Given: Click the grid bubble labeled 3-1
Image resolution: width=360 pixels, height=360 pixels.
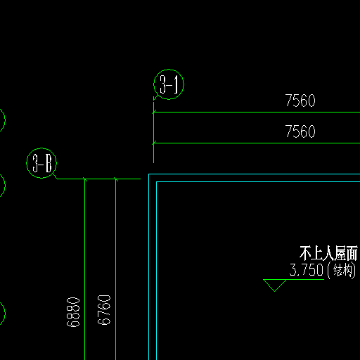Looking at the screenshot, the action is click(x=169, y=70).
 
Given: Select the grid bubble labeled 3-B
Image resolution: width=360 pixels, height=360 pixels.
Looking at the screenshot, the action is click(x=41, y=148).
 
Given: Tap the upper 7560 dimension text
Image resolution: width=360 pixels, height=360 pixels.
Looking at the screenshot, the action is click(x=300, y=101).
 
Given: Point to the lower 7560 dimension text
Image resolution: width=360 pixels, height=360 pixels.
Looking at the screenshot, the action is click(x=300, y=131).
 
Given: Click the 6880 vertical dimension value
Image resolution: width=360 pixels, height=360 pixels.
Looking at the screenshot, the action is click(x=73, y=312).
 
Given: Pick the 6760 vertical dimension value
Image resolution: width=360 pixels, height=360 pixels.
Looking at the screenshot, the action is click(x=104, y=310).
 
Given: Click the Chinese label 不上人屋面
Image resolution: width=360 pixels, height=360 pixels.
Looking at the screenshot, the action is click(x=328, y=253).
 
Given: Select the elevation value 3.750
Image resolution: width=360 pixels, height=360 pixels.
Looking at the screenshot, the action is click(x=307, y=270).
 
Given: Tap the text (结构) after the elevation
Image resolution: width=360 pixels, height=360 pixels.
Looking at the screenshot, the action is click(x=342, y=271).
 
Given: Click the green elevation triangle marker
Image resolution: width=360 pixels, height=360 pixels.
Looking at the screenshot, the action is click(x=275, y=285).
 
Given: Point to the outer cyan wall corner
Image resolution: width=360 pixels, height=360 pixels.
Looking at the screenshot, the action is click(x=149, y=174).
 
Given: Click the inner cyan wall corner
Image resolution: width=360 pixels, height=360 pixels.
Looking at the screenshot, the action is click(x=157, y=181).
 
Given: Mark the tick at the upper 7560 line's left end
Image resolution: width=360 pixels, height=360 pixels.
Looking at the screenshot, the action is click(x=153, y=112).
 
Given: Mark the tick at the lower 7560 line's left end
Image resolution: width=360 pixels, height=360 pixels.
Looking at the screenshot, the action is click(x=153, y=143).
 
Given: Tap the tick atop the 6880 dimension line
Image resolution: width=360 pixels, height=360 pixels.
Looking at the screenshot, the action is click(x=84, y=179).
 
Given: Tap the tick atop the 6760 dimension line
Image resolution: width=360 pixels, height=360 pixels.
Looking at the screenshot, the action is click(x=115, y=179).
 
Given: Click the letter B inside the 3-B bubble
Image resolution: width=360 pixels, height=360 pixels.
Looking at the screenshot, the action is click(x=49, y=163).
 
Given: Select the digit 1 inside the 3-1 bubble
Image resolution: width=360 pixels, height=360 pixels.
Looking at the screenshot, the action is click(x=176, y=84).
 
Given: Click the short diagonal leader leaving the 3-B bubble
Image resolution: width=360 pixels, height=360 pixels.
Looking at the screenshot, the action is click(x=55, y=176).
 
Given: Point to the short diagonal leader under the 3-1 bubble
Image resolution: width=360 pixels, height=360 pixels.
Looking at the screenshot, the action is click(x=155, y=98).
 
